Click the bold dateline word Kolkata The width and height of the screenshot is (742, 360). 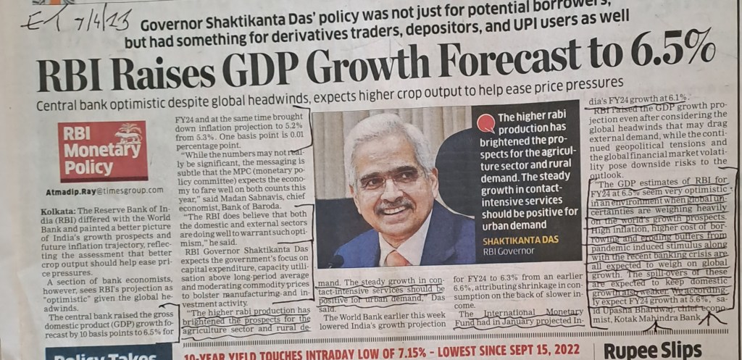tap(57, 210)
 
